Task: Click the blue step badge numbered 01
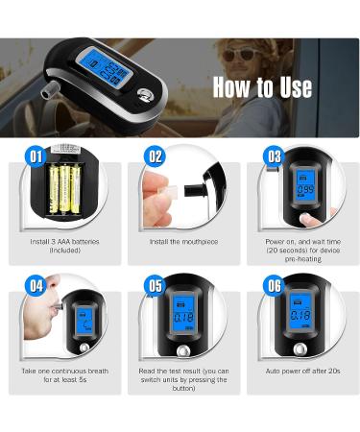click(36, 156)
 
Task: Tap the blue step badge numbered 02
click(155, 156)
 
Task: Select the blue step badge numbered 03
click(274, 156)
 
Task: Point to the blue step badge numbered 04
click(36, 285)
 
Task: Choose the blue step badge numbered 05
click(155, 285)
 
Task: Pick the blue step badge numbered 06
click(274, 285)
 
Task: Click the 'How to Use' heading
click(262, 87)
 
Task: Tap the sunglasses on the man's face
click(238, 55)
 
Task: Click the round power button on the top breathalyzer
click(145, 95)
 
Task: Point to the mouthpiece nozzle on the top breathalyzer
click(51, 89)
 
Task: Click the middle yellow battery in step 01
click(64, 188)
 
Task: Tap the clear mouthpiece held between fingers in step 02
click(170, 193)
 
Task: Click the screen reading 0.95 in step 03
click(305, 186)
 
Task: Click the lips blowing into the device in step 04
click(51, 307)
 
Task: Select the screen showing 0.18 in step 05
click(184, 315)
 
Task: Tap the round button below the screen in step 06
click(300, 349)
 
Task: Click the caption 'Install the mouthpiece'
click(183, 242)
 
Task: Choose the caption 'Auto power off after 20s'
click(302, 372)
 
